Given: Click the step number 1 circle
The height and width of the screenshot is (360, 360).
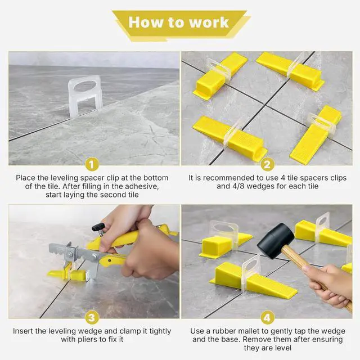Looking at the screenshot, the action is coord(92,164).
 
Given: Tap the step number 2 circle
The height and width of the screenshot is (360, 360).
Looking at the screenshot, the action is coord(268,164).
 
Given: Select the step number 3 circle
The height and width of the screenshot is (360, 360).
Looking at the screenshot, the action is coord(92,318).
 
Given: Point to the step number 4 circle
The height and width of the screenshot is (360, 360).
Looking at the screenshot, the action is coord(268,318).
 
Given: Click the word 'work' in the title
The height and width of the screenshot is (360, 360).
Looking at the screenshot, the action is coord(209,22).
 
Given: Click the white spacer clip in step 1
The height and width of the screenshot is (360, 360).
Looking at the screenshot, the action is coord(85,96).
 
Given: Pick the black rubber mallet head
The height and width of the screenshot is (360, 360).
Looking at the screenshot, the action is coord(276,240).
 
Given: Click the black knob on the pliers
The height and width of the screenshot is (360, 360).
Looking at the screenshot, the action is coord(98,227).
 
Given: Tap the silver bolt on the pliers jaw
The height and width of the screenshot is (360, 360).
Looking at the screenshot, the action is coord(70,254).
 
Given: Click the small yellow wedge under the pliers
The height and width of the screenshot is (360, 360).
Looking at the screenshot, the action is coord(66,274).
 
